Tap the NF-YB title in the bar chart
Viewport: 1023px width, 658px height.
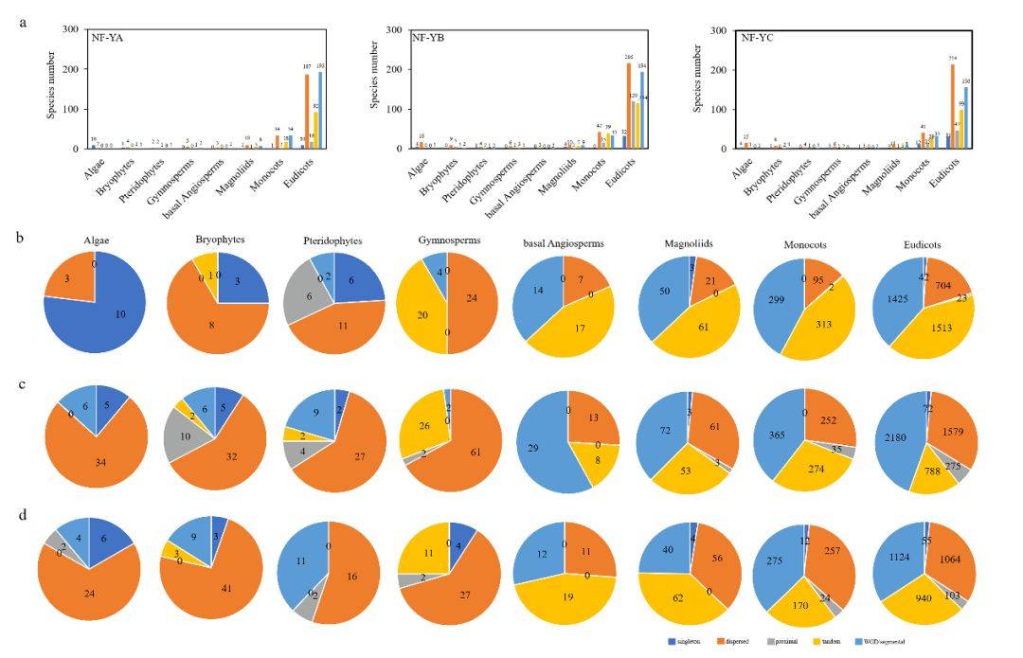[x=431, y=38]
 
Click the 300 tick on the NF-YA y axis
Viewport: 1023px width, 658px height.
[x=71, y=29]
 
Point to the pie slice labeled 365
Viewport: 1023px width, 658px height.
[x=773, y=431]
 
